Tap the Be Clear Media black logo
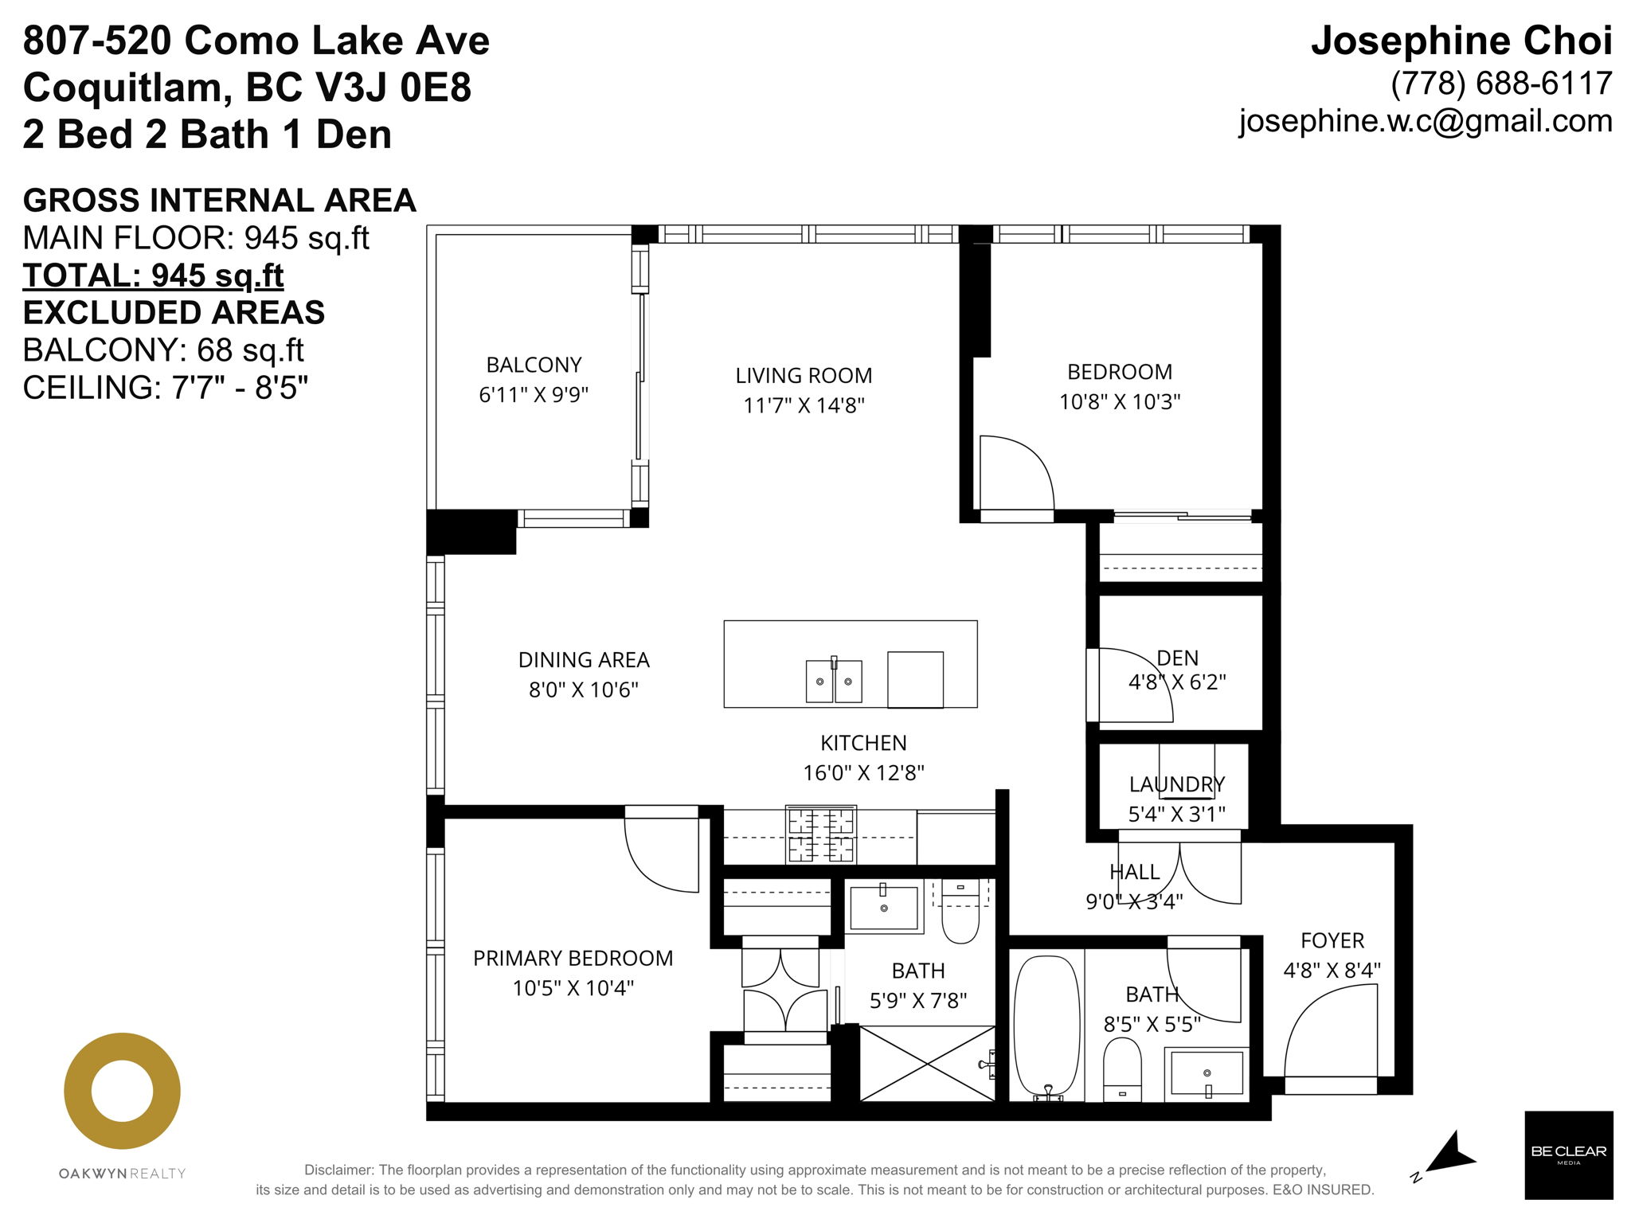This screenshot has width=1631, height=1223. point(1568,1155)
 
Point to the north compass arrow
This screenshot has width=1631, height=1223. point(1451,1153)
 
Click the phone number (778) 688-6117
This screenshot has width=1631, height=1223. point(1501,84)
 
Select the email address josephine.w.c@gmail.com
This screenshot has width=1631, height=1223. point(1426,121)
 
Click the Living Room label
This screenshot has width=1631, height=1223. point(804,376)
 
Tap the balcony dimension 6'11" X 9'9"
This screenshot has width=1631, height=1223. point(534,395)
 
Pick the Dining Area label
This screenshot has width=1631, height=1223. point(584,660)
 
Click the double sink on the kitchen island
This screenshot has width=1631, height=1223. point(834,681)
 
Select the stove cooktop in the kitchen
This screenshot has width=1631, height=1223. point(820,834)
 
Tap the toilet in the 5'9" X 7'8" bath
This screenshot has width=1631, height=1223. point(960,912)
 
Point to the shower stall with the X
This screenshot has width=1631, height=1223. point(928,1064)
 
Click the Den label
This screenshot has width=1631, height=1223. point(1177,658)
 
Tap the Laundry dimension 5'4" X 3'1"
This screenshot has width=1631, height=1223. point(1176,814)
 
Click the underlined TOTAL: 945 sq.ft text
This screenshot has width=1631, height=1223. point(153,275)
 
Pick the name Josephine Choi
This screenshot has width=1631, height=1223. point(1461,41)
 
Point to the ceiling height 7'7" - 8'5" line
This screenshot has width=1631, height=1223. point(165,388)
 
